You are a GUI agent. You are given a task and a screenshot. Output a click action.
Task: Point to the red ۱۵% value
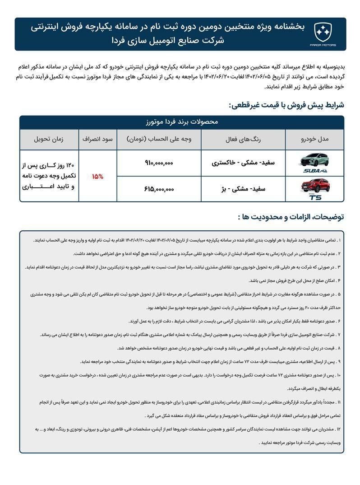(x=97, y=176)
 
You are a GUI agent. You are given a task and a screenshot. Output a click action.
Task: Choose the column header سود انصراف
(x=97, y=140)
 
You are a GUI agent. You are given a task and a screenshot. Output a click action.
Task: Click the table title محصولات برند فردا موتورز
(x=181, y=122)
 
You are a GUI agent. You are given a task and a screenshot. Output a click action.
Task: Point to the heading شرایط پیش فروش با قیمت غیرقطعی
(x=286, y=105)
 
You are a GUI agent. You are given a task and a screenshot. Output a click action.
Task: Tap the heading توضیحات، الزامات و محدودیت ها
(x=291, y=217)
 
